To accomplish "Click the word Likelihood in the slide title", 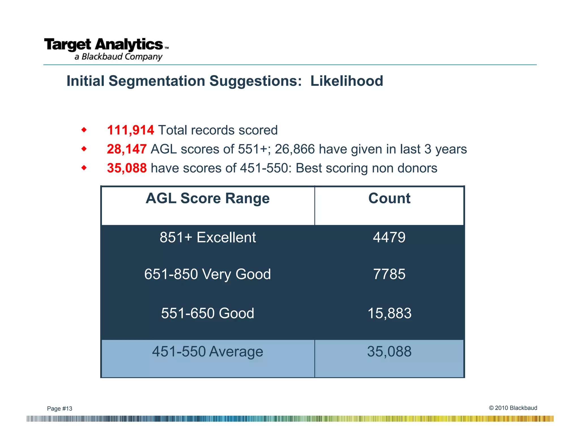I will tap(347, 81).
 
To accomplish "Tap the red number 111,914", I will tap(130, 130).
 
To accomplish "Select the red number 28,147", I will tap(127, 149).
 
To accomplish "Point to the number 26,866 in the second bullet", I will tap(295, 149).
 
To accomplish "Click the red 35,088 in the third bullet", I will tap(127, 168).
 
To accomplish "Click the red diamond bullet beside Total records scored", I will tap(84, 130).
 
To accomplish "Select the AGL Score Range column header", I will tap(208, 198).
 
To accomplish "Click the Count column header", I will tap(389, 198).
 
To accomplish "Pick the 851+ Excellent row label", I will tap(208, 237).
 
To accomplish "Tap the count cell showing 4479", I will tap(389, 237).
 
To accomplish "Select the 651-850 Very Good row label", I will tap(208, 274).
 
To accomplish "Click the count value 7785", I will tap(389, 274).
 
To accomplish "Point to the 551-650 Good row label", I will tap(208, 313).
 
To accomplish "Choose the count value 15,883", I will tap(389, 313).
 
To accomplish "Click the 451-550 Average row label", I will tap(208, 352).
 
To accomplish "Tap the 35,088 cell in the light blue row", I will tap(389, 352).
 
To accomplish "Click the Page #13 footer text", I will tap(59, 409).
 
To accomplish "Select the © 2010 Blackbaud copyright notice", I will tap(513, 408).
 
